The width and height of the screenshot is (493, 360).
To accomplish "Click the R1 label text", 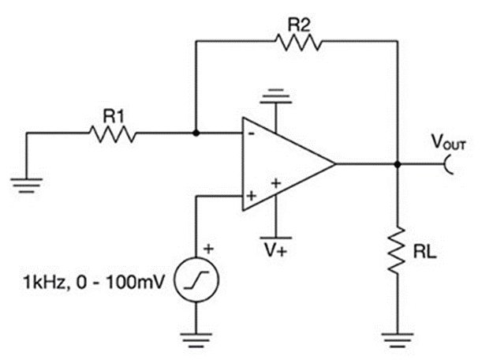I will click(x=114, y=115).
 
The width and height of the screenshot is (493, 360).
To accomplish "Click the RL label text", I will click(x=424, y=252).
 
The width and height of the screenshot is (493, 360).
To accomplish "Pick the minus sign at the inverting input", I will click(x=252, y=133).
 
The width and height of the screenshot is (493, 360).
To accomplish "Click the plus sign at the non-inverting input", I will click(x=252, y=195).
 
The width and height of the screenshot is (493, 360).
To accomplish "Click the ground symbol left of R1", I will click(x=26, y=183).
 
